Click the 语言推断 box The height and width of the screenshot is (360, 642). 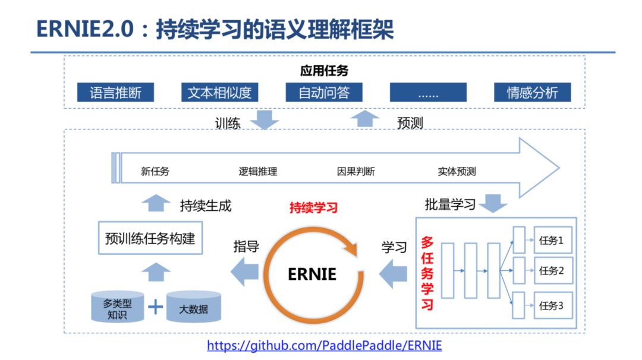(x=115, y=93)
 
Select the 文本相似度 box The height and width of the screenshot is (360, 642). (x=219, y=93)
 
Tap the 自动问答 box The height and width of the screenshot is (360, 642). (x=323, y=93)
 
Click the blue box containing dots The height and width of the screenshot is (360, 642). (x=428, y=93)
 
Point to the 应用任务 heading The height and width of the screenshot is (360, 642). (x=324, y=71)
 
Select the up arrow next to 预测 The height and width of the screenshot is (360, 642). (x=364, y=119)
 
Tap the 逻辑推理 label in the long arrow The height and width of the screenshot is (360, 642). (x=258, y=172)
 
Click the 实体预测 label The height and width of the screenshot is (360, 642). (x=457, y=172)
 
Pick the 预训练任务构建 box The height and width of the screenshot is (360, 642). (x=150, y=239)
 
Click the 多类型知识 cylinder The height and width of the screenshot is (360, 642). (x=117, y=308)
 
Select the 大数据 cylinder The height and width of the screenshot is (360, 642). (x=193, y=308)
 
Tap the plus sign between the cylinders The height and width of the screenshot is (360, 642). (x=155, y=307)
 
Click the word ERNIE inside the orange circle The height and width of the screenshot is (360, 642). (x=312, y=274)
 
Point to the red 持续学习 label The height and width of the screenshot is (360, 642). (x=313, y=207)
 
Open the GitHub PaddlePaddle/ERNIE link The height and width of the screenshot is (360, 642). (x=324, y=346)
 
